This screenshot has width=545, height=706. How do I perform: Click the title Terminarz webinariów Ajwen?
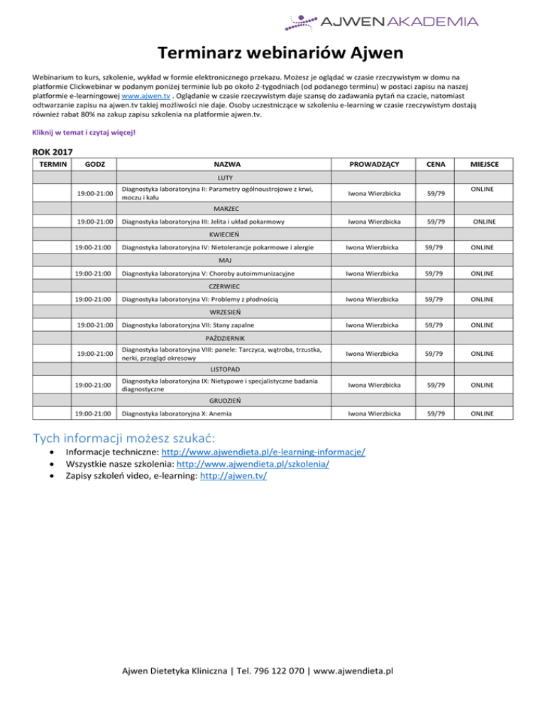[x=272, y=53]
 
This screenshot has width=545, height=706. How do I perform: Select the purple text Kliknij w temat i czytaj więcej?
[x=83, y=131]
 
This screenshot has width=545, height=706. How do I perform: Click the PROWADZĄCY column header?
[x=371, y=165]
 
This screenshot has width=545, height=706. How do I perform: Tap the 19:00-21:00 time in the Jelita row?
[x=97, y=222]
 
